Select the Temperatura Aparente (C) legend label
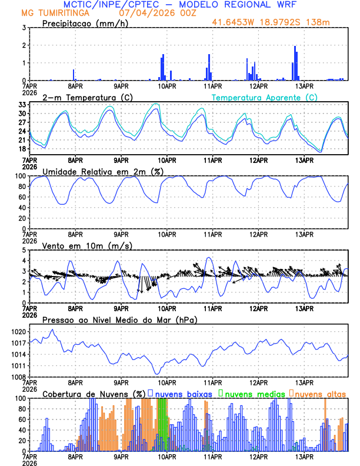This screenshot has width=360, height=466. click(264, 97)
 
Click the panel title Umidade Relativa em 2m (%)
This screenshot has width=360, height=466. click(104, 171)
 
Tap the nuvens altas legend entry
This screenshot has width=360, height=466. click(320, 393)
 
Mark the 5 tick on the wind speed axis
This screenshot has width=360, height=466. click(24, 250)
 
